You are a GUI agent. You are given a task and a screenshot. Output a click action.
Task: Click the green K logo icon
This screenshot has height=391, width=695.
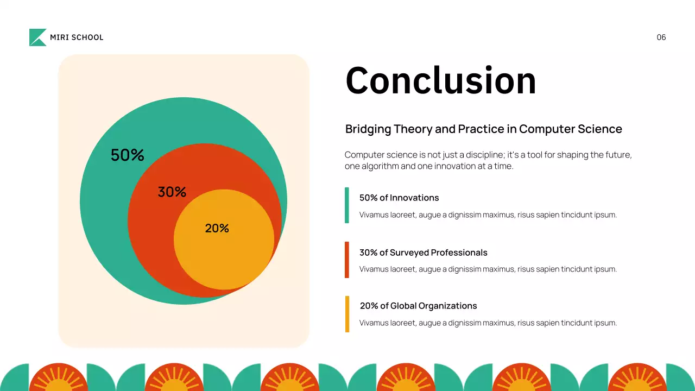point(37,37)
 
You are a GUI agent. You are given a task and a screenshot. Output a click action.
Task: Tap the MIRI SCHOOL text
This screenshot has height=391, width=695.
point(77,37)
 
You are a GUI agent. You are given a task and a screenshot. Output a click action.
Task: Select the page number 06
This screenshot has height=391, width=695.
point(661,37)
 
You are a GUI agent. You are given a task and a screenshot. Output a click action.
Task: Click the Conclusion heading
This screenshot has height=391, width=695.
point(441,80)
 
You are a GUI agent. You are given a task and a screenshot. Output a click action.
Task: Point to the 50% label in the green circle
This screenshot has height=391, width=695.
point(127,155)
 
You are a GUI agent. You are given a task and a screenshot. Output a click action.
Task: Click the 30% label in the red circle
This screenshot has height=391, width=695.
point(172,192)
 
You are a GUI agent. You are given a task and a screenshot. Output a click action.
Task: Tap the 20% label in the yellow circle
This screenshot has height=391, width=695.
point(217,229)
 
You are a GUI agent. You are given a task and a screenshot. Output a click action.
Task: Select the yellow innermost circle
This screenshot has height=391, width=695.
point(224,239)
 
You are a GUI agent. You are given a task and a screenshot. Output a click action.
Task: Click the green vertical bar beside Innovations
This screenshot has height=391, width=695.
point(347,205)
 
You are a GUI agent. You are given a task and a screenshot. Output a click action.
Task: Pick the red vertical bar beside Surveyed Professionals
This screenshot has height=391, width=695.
point(347,260)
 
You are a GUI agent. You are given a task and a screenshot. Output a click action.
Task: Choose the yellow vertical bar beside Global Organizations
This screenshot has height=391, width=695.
point(347,314)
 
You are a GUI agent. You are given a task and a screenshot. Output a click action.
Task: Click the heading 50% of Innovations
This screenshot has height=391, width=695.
point(399,198)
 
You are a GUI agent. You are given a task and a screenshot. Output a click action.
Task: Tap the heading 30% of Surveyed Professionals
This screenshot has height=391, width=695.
point(423,253)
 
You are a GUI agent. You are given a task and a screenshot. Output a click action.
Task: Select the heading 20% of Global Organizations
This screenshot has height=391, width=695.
point(418,306)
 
